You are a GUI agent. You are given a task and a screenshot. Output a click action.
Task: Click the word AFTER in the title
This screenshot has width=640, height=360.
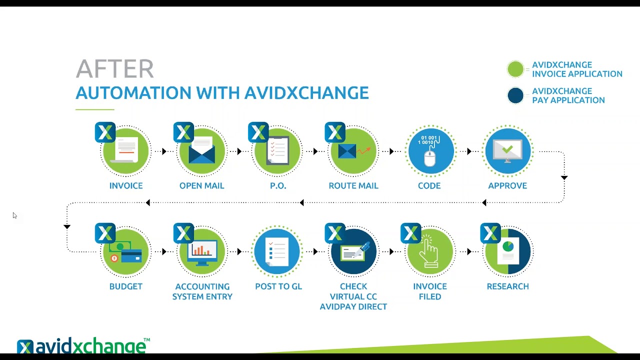coord(114,69)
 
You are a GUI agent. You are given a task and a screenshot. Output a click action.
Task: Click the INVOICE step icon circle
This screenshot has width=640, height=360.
coord(125,151)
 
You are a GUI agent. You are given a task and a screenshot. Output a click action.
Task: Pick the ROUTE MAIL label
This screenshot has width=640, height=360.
coord(353,185)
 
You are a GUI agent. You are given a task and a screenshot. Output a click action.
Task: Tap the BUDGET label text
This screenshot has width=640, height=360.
coord(125,286)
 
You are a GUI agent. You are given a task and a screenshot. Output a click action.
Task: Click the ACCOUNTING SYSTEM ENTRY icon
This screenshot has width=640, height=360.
coord(202,251)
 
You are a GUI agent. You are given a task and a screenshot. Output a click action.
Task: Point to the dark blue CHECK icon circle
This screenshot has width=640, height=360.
coord(353,251)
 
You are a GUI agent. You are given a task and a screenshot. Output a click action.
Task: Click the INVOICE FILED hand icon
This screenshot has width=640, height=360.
coord(429,251)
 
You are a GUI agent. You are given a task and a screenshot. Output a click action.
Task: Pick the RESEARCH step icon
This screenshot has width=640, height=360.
coord(507,251)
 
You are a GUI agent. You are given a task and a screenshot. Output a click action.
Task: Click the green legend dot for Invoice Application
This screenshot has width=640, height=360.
coord(515,69)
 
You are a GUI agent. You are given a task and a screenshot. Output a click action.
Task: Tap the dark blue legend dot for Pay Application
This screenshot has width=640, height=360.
coord(515,95)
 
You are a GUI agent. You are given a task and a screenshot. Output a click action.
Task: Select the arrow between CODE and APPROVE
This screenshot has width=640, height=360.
coord(469,151)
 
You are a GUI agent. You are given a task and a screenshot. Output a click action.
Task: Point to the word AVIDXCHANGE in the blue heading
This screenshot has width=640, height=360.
coord(306,93)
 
